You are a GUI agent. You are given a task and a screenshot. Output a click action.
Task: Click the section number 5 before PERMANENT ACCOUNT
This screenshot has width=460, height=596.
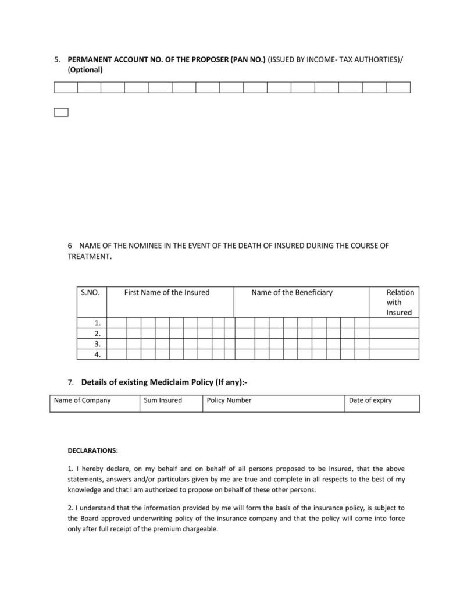[x=56, y=59]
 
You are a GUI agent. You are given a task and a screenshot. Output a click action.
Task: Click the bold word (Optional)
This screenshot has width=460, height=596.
[x=85, y=70]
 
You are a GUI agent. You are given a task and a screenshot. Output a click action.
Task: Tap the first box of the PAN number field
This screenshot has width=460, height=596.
[x=66, y=87]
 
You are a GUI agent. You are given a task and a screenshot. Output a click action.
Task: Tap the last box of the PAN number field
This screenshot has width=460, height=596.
[x=398, y=87]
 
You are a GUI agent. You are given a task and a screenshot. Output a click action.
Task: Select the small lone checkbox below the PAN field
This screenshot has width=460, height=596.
[x=61, y=112]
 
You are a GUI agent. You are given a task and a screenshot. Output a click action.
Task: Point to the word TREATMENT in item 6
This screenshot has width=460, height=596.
[x=88, y=256]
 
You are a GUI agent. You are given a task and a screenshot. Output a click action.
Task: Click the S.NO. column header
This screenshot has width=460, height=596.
[x=91, y=292]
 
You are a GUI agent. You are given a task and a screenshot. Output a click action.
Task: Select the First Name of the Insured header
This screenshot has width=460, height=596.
[x=167, y=292]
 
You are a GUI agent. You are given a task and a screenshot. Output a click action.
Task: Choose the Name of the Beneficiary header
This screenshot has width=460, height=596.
[x=292, y=292]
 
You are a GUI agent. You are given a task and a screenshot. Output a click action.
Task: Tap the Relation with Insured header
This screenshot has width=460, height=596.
[x=400, y=302]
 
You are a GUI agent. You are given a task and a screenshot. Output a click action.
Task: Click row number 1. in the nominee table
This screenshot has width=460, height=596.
[x=98, y=323]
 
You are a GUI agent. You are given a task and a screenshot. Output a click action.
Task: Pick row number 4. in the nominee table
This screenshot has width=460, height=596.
[x=98, y=354]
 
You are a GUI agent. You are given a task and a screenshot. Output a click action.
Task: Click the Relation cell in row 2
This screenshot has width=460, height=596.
[x=394, y=334]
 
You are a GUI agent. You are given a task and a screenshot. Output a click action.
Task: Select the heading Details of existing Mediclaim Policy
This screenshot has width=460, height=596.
[x=165, y=382]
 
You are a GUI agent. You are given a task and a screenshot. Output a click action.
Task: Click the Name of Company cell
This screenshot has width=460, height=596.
[x=94, y=403]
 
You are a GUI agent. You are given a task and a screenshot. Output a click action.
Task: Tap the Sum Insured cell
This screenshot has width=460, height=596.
[x=171, y=403]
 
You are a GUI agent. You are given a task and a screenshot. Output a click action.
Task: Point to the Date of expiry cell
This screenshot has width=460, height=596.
[x=381, y=403]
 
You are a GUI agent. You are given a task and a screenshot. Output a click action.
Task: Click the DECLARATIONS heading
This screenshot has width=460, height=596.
[x=92, y=450]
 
